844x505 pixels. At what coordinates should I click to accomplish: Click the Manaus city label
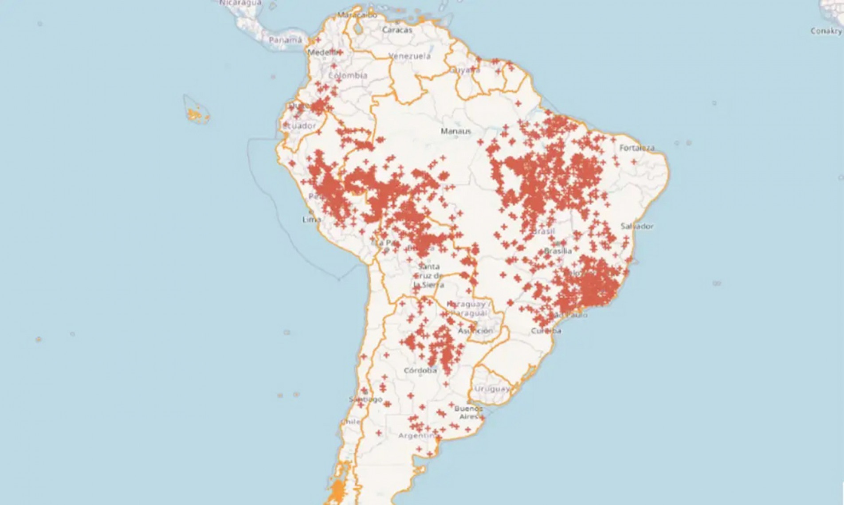[x=455, y=131]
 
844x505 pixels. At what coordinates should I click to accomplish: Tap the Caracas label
[x=397, y=30]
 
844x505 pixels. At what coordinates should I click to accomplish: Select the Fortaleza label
[x=636, y=148]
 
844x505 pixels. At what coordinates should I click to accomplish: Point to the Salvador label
[x=637, y=226]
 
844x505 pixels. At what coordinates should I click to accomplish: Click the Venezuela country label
[x=409, y=56]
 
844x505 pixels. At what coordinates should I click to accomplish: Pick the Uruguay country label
[x=492, y=389]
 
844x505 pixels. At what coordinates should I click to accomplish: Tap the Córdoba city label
[x=420, y=370]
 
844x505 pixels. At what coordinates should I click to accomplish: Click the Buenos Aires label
[x=468, y=412]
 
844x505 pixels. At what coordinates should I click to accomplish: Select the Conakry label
[x=826, y=31]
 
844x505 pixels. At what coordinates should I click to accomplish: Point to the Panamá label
[x=285, y=40]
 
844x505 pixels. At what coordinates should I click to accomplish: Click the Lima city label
[x=311, y=219]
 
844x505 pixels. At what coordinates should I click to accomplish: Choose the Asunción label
[x=475, y=331]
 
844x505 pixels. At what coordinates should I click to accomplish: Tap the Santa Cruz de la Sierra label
[x=428, y=276]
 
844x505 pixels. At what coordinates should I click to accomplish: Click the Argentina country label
[x=417, y=435]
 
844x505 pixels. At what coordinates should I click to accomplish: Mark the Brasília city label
[x=558, y=251]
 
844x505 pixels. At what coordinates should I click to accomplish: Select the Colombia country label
[x=348, y=75]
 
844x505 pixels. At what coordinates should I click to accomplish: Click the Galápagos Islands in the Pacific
[x=196, y=114]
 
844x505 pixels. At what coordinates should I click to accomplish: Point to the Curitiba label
[x=546, y=331]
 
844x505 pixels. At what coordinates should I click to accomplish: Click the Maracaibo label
[x=357, y=15]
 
